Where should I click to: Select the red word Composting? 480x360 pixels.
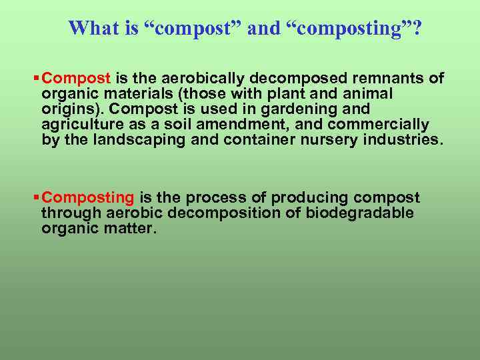click(x=88, y=198)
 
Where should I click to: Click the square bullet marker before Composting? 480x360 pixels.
click(x=37, y=198)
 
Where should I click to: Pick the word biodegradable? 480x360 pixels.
click(x=361, y=213)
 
